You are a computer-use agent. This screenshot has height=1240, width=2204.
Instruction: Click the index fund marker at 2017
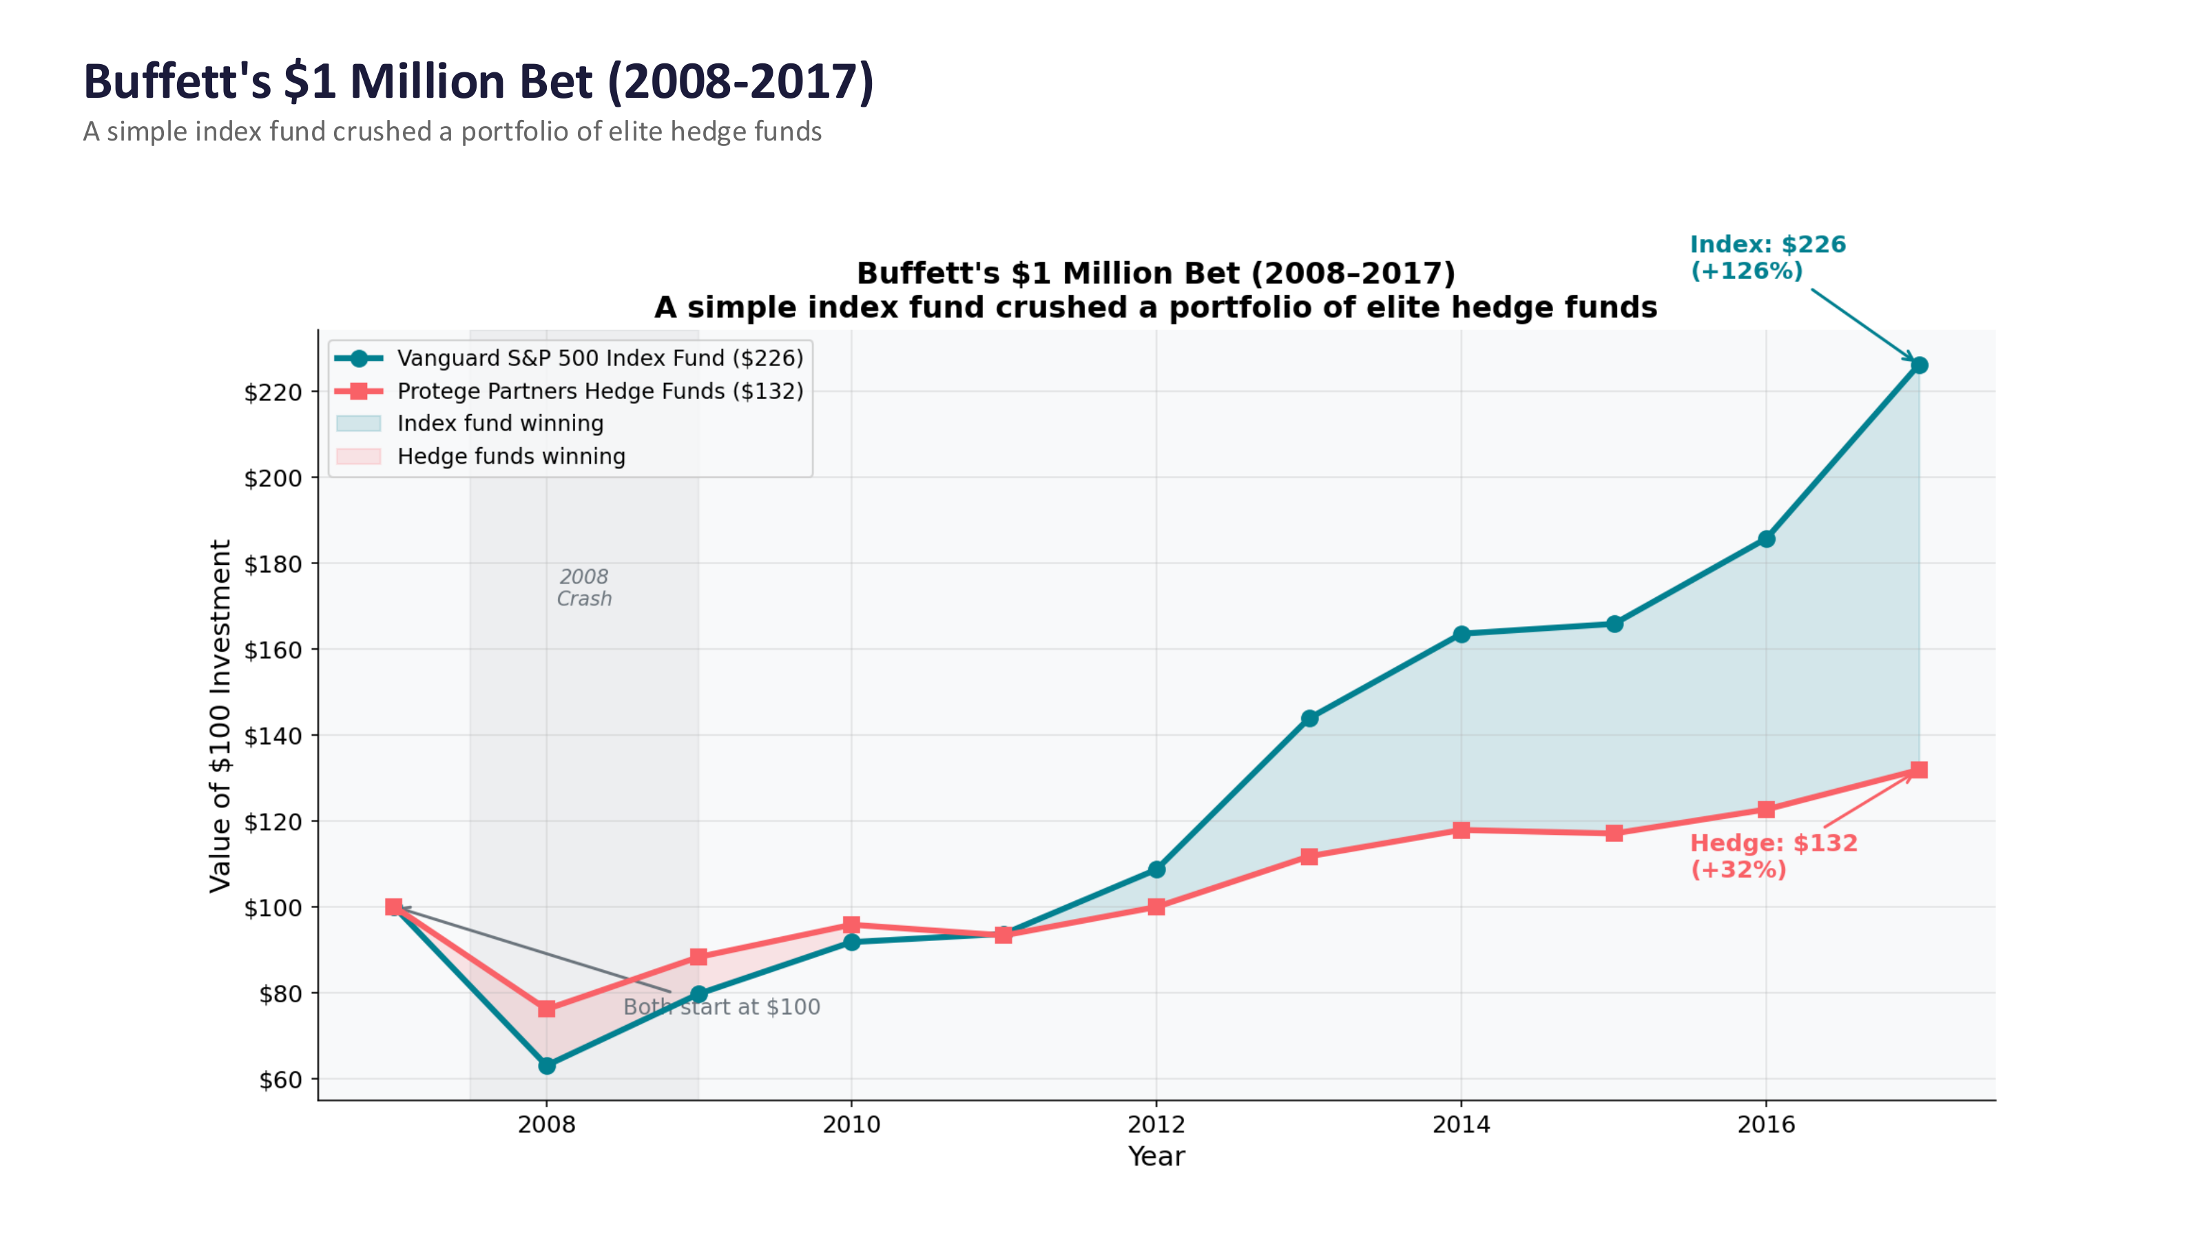(1918, 365)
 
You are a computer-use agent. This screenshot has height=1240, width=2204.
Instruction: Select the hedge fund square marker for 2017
(1918, 770)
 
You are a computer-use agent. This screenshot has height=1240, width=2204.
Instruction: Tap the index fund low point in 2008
(547, 1066)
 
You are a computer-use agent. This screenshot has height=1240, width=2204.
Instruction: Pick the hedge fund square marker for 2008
(547, 1009)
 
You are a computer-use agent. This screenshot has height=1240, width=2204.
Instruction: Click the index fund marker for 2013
(1309, 718)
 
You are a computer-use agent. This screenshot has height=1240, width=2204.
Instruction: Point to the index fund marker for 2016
(1766, 539)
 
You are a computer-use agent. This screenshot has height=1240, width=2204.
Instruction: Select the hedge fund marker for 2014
(1462, 830)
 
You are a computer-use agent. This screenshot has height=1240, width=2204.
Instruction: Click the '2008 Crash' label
(584, 588)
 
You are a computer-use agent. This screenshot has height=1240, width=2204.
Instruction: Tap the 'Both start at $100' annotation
(721, 1007)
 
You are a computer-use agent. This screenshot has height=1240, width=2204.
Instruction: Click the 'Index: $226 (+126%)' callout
(1767, 258)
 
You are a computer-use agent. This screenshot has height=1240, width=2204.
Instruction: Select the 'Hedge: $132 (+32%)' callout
(1773, 856)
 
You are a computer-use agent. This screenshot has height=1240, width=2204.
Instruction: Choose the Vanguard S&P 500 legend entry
(600, 358)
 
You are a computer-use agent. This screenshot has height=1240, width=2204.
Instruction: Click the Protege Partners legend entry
(600, 391)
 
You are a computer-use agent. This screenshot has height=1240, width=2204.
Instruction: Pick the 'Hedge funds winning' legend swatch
(358, 456)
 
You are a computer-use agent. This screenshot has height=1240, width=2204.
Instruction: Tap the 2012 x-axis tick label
(1156, 1124)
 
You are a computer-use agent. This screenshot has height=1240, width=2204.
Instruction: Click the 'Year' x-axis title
(1156, 1156)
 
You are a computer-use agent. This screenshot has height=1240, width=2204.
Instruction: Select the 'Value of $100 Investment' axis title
(220, 716)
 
